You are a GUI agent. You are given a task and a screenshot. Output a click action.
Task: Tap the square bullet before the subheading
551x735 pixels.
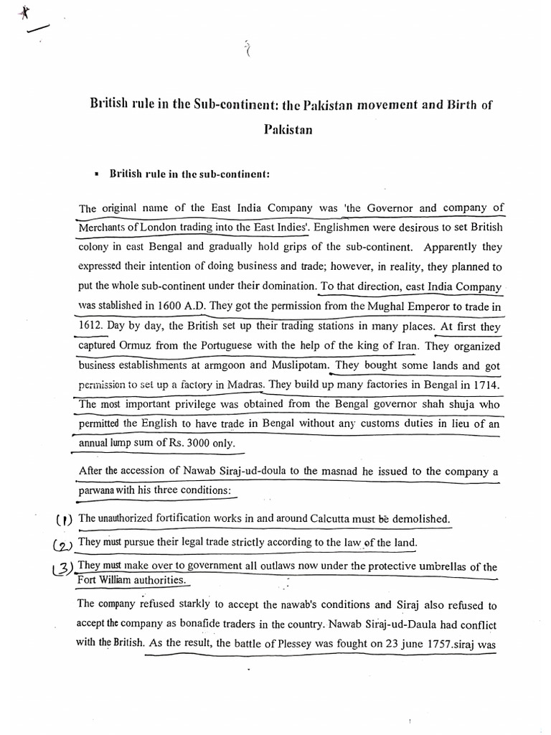tap(95, 174)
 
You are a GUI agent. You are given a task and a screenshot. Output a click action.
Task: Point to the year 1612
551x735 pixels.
tap(92, 326)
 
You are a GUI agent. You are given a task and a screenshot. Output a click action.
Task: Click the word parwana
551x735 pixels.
tap(100, 490)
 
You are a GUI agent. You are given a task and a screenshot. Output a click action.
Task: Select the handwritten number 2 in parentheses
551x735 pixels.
tap(65, 545)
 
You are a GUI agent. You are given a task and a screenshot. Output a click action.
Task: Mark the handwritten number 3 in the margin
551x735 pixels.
tap(64, 568)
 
